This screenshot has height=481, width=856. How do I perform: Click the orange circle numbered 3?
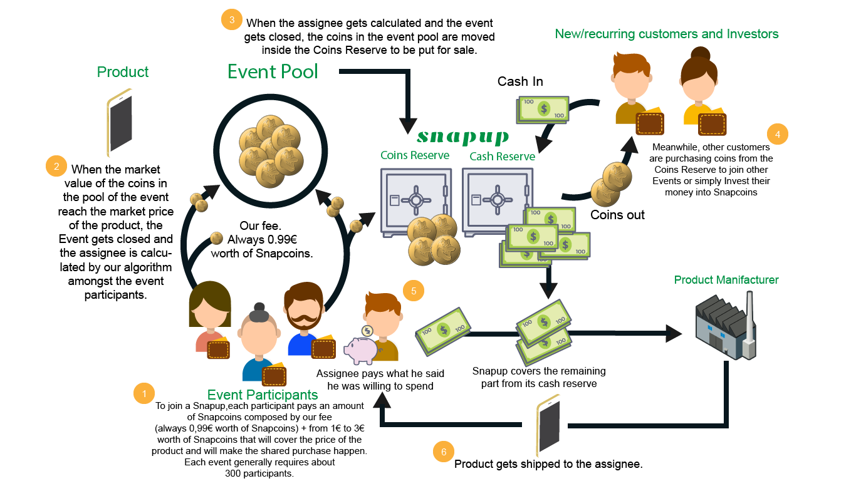coord(232,19)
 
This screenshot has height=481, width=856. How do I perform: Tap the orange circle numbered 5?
coord(413,291)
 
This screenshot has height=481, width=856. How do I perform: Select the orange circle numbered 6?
coord(444,452)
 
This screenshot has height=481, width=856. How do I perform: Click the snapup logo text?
coord(462,137)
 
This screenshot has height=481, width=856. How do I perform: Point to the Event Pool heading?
coord(273,71)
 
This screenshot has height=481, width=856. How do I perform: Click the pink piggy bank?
coord(359,349)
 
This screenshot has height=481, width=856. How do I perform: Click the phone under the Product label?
coord(120,122)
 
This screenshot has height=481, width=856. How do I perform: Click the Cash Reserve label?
coord(502,156)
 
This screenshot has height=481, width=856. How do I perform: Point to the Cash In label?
coord(520,81)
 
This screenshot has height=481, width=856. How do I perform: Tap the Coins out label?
coord(617,215)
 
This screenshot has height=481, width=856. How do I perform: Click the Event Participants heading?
coord(263,395)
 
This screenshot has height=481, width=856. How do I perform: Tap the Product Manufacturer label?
coord(726,280)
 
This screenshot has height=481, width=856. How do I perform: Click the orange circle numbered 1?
coord(144,393)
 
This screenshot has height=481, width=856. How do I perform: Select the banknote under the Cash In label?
coord(542,110)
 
